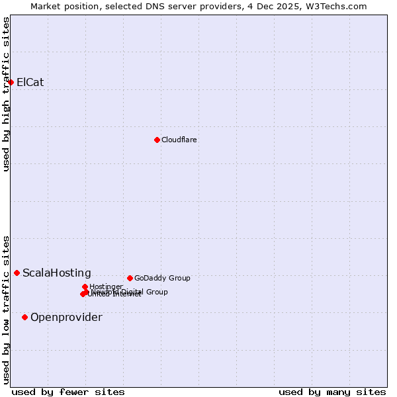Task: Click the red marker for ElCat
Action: [x=11, y=82]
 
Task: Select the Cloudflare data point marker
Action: [x=157, y=140]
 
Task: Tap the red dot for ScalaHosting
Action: [x=17, y=273]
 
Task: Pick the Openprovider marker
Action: [x=25, y=317]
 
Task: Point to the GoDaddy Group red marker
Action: [x=130, y=278]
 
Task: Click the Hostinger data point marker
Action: [x=85, y=287]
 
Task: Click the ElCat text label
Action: [x=30, y=83]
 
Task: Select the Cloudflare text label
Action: [x=179, y=140]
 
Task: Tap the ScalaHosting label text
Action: [x=57, y=273]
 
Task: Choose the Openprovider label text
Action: [x=66, y=318]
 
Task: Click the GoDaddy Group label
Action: [x=162, y=278]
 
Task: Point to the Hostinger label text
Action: [x=106, y=287]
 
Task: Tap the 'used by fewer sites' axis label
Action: [x=68, y=392]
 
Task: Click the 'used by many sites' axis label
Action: [x=332, y=392]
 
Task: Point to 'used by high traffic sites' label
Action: [x=6, y=94]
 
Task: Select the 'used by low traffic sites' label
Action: [x=6, y=310]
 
